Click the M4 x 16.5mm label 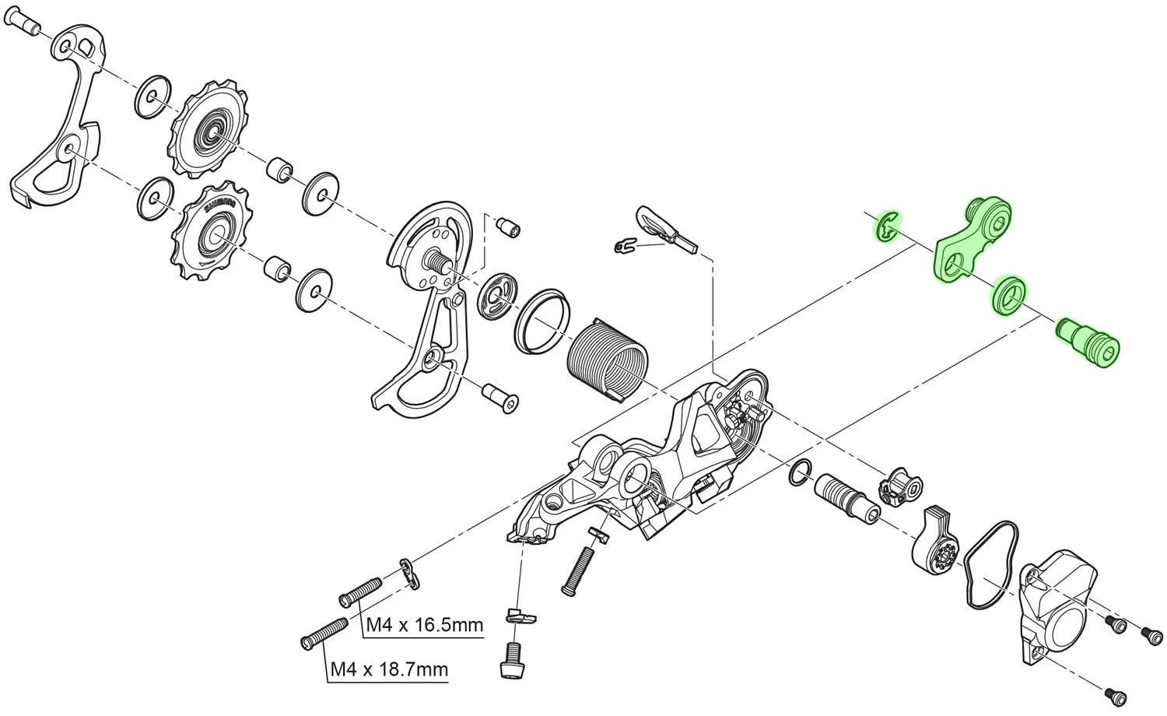point(424,625)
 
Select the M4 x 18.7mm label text point(388,669)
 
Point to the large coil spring point(608,359)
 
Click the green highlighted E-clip point(886,227)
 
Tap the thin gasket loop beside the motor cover point(989,567)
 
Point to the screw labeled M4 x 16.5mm point(360,591)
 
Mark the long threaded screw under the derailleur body point(579,570)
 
